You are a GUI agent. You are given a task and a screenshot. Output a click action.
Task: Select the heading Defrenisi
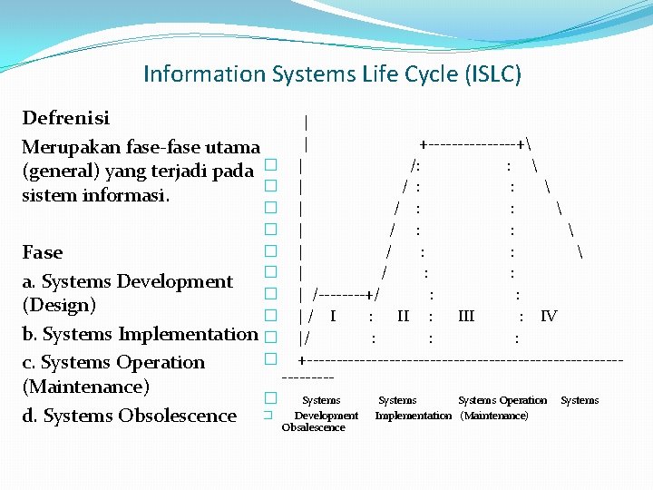65,118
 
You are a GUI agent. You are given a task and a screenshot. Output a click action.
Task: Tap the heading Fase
43,252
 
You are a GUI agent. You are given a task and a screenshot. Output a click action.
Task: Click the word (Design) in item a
59,305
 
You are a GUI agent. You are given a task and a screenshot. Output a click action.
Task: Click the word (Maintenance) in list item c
85,387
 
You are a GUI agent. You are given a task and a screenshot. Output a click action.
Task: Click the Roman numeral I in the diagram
334,316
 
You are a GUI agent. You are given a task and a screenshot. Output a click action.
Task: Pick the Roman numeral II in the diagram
404,316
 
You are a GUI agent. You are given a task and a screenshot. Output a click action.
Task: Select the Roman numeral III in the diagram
466,316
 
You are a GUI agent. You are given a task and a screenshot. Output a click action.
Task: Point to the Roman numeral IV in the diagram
549,316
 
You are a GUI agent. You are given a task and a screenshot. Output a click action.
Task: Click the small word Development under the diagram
326,416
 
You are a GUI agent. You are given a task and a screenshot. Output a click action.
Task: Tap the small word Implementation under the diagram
413,416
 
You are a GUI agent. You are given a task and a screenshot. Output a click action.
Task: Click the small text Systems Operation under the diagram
502,400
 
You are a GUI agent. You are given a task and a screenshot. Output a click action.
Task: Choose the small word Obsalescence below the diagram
313,427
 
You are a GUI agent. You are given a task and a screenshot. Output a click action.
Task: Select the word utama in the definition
235,147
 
